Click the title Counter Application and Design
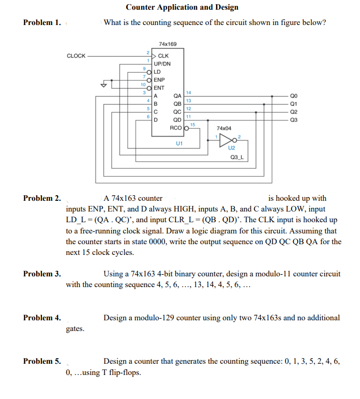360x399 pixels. pos(182,7)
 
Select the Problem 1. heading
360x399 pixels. pos(42,22)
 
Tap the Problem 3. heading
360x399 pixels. pos(42,274)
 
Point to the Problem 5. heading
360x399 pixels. pos(42,361)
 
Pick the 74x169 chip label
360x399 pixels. pos(168,44)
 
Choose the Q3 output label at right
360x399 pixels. pos(293,120)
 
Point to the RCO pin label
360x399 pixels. pos(176,128)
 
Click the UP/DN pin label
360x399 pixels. pos(162,64)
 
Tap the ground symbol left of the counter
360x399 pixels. pos(105,84)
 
